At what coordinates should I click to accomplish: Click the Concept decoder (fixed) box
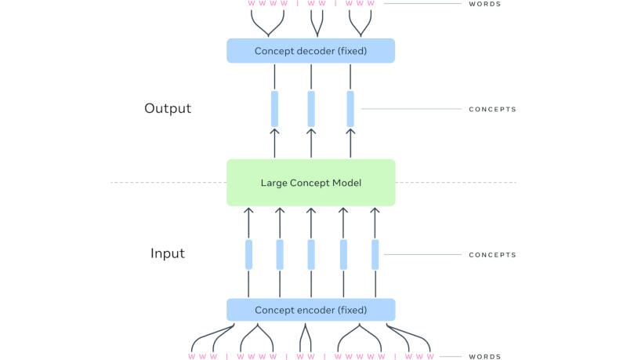pos(310,51)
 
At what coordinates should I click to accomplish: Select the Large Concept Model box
pos(310,183)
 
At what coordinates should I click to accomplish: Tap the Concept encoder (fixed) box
pos(310,310)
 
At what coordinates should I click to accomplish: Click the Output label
pos(168,108)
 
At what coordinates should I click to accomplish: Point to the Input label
pos(168,253)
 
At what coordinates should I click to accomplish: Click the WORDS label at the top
pos(484,4)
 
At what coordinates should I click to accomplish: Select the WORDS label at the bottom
pos(484,357)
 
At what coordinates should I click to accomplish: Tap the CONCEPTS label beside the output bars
pos(492,109)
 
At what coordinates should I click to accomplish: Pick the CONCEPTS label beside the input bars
pos(492,255)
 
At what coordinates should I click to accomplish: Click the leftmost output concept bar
pos(275,108)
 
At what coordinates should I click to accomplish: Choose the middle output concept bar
pos(311,108)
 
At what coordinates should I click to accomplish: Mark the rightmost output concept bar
pos(350,108)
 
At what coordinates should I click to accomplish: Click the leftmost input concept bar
pos(248,254)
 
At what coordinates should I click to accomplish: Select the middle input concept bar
pos(311,254)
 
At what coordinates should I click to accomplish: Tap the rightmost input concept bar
pos(375,254)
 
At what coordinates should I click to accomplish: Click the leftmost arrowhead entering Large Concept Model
pos(248,211)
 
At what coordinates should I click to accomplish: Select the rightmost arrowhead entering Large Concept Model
pos(375,211)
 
